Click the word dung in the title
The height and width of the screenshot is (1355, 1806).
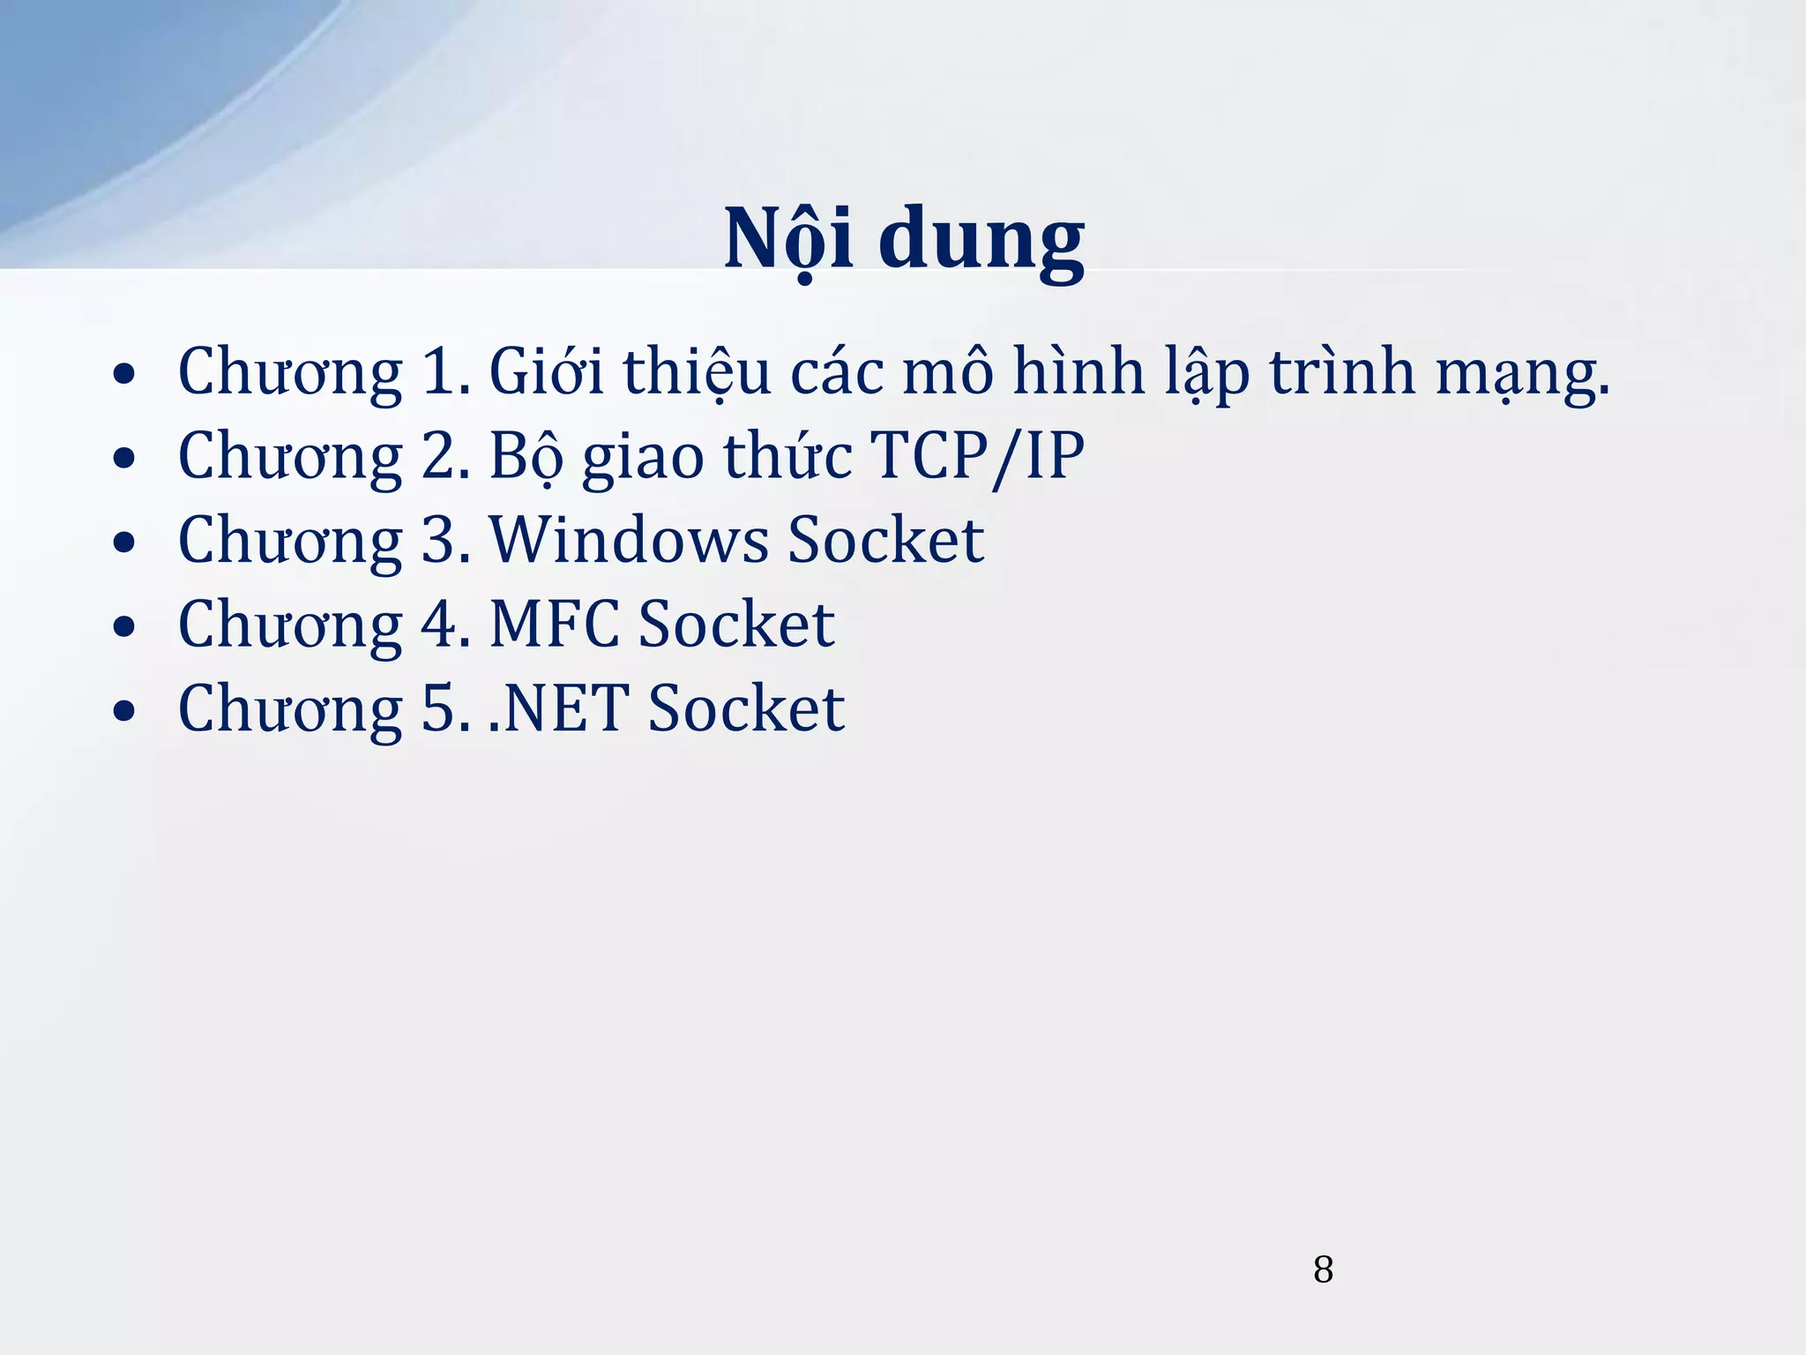(981, 240)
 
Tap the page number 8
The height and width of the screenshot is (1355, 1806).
(1323, 1269)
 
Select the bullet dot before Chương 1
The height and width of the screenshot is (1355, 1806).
(124, 374)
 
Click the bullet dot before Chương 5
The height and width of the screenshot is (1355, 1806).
(124, 711)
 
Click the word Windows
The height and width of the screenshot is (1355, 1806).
(628, 540)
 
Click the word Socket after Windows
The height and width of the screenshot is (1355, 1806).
(885, 540)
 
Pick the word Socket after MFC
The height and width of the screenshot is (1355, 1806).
(736, 625)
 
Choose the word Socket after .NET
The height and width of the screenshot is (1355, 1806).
(746, 708)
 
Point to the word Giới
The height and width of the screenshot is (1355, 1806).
(546, 371)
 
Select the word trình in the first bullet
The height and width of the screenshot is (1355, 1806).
(1341, 372)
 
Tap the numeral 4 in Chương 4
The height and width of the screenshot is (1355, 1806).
(438, 625)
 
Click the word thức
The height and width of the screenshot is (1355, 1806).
(787, 456)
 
